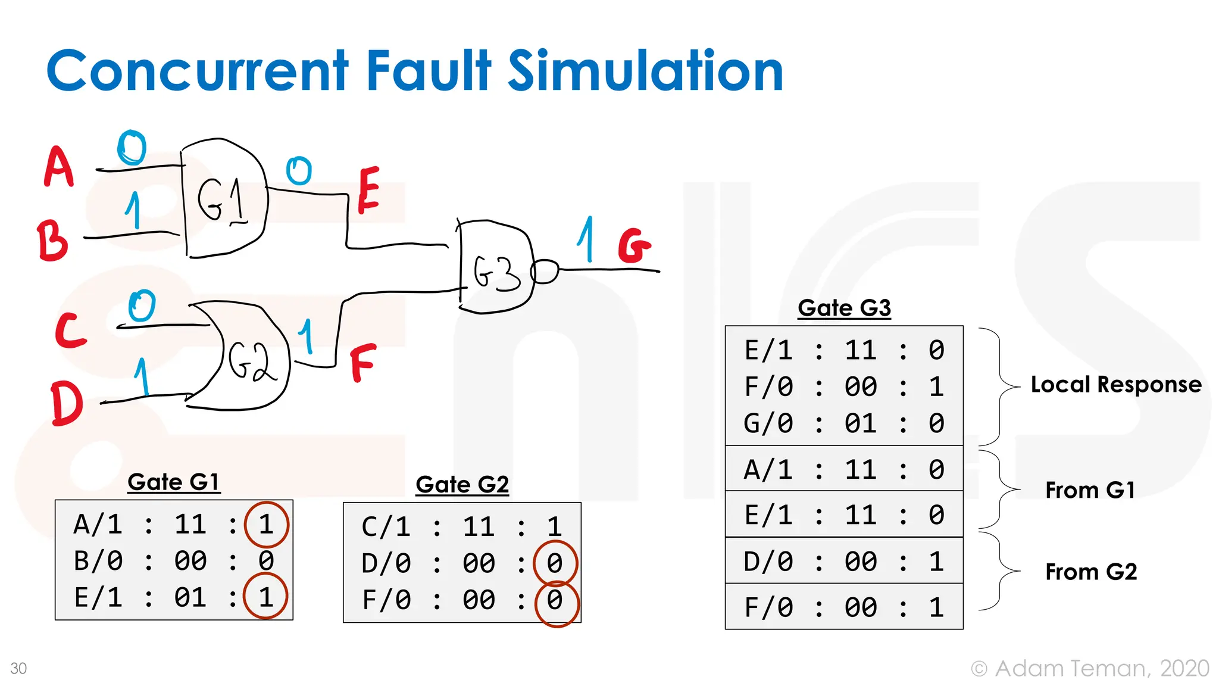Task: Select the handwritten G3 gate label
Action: tap(496, 273)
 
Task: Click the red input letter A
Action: tap(58, 167)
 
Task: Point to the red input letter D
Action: tap(66, 404)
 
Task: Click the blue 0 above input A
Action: tap(132, 147)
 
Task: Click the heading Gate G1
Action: tap(174, 482)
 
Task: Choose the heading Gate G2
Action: tap(462, 485)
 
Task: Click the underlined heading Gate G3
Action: tap(844, 308)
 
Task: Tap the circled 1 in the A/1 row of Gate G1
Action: tap(266, 525)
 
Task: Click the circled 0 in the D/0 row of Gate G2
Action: tap(555, 563)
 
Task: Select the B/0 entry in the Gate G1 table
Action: tap(98, 561)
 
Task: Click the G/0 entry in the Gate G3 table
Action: tap(768, 423)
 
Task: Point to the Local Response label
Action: tap(1116, 385)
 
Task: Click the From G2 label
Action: tap(1091, 572)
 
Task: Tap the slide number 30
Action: tap(18, 668)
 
